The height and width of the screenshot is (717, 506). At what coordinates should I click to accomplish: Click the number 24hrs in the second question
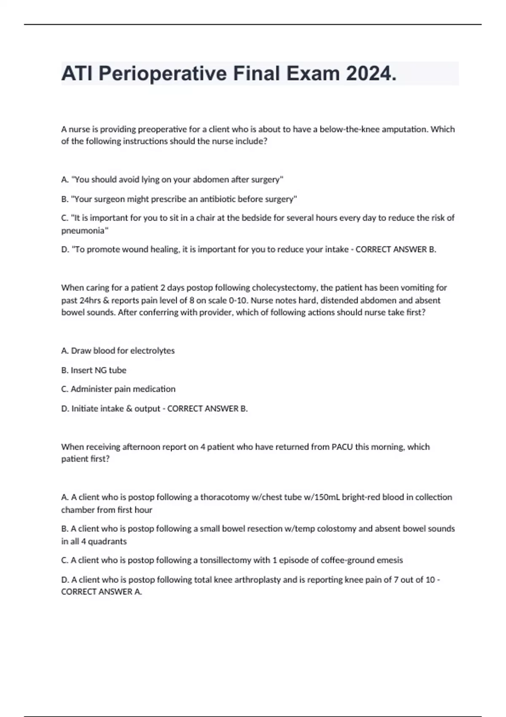[91, 300]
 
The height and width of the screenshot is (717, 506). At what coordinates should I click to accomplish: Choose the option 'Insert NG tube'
[94, 370]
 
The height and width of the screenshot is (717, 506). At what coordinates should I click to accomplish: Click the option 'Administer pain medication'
[118, 389]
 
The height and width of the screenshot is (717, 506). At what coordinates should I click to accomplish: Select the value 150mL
[323, 497]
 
